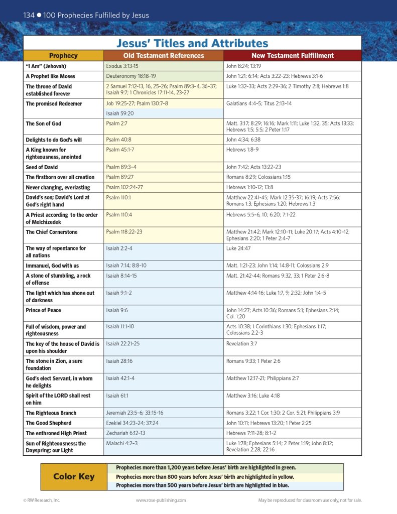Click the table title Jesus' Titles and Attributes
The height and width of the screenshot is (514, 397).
coord(192,43)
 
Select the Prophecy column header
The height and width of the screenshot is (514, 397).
coord(63,56)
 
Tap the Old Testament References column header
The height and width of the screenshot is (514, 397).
coord(164,56)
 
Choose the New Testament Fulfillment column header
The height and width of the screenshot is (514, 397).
coord(292,56)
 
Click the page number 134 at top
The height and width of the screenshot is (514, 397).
coord(29,15)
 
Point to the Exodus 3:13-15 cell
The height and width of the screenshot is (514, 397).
coord(122,66)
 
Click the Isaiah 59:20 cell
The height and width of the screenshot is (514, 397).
coord(119,113)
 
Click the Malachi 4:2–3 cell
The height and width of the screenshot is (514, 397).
coord(121,443)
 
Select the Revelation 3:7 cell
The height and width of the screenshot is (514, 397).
coord(241,343)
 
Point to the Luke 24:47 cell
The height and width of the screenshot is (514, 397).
coord(238,248)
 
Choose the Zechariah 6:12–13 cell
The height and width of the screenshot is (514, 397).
coord(125,433)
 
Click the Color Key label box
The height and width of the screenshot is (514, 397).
coord(74,476)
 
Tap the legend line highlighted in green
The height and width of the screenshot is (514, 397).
coord(206,467)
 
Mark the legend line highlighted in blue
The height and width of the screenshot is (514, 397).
coord(202,485)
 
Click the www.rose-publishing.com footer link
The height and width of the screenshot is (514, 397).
coord(161,500)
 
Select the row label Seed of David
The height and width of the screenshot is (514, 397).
coord(42,167)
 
